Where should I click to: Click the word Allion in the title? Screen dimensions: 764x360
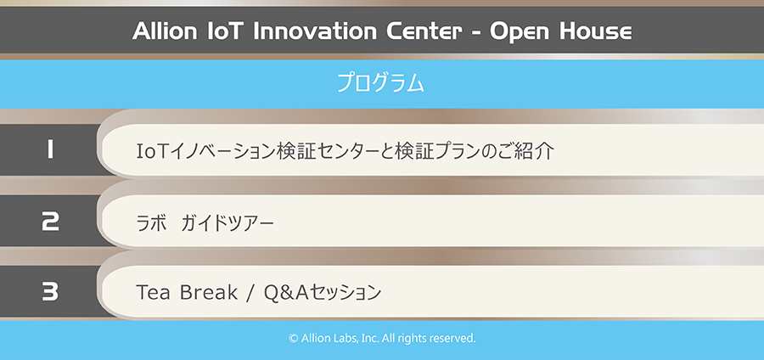(x=163, y=31)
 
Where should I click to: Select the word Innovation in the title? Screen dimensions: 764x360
(x=316, y=31)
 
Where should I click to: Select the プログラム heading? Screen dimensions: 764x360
(x=380, y=84)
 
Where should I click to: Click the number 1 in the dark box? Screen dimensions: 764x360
(x=50, y=149)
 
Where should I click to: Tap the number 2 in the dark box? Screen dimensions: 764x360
(x=50, y=221)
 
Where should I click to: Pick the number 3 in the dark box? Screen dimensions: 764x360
(x=50, y=292)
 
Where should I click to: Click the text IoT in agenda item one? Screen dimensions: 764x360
(x=152, y=151)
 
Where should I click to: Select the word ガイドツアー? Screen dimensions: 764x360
(x=227, y=223)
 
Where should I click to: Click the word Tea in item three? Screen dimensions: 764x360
(x=155, y=292)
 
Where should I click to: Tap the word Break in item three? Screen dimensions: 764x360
(x=210, y=292)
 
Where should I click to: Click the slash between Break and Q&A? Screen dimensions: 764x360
(x=251, y=293)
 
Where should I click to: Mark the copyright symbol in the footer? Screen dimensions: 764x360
(x=294, y=338)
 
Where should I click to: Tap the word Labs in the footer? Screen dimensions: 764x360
(x=345, y=338)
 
